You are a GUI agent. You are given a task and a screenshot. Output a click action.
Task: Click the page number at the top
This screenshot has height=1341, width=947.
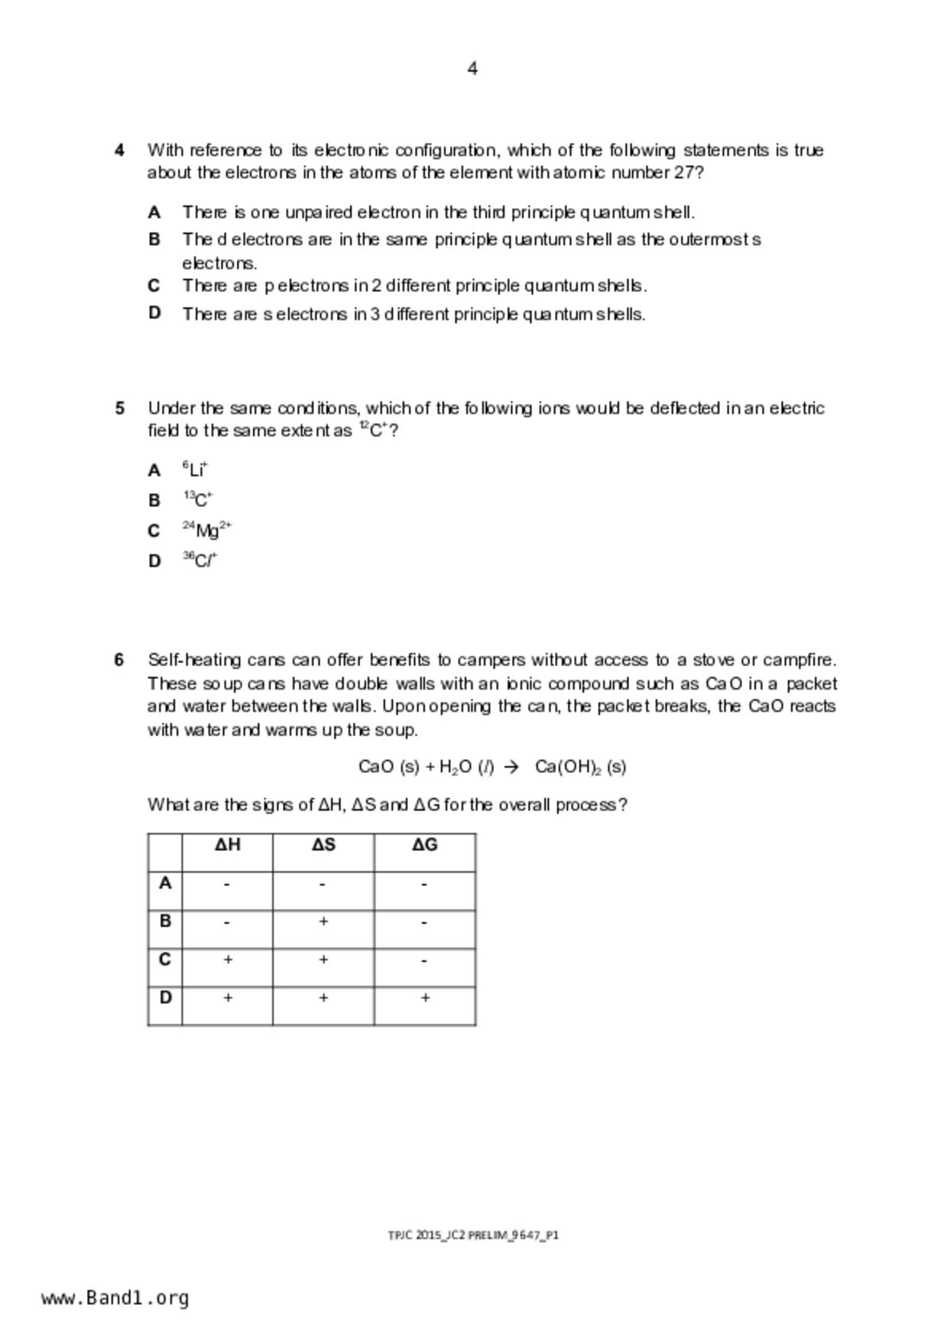coord(472,69)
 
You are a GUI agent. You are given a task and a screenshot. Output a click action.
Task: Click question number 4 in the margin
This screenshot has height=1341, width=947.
coord(120,150)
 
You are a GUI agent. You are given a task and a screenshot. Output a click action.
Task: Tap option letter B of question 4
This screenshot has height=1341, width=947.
coord(154,239)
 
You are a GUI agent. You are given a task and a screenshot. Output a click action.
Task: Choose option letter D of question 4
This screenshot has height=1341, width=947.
coord(154,313)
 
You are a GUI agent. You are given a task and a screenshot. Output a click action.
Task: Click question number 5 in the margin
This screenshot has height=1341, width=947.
coord(120,408)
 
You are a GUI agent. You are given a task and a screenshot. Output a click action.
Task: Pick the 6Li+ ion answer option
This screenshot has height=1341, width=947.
coord(196,469)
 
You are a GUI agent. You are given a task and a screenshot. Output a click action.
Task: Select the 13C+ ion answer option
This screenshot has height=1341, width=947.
coord(198,499)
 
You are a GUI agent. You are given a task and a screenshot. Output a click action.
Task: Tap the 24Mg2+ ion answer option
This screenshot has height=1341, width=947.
coord(207,529)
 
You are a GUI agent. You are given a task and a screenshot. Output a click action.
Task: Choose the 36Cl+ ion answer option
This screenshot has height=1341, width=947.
coord(200,560)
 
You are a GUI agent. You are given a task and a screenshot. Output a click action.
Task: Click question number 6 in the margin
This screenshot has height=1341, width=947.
coord(120,660)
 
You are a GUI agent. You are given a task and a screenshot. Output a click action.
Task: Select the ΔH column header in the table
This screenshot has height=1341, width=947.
coord(228,845)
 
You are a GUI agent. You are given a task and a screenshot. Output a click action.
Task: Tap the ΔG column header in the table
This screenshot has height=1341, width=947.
coord(425,845)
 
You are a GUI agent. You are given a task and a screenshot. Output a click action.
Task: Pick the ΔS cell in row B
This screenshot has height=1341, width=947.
coord(323,922)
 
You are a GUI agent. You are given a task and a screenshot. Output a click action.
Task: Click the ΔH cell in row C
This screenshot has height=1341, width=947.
coord(228,960)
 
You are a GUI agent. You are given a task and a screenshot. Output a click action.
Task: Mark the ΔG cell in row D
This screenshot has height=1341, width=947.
coord(425,998)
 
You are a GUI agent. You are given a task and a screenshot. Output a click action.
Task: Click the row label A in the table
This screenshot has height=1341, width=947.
coord(165,883)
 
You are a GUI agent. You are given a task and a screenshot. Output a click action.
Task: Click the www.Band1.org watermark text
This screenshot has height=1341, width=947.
coord(115,1297)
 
